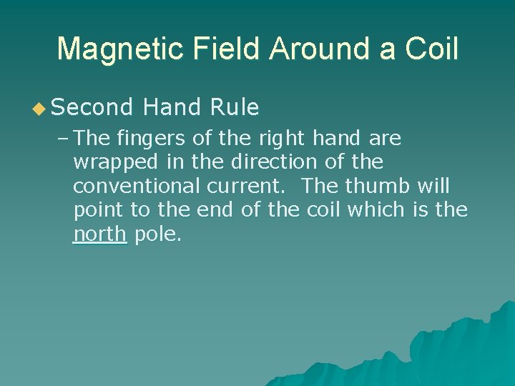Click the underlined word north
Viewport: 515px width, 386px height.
click(99, 235)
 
